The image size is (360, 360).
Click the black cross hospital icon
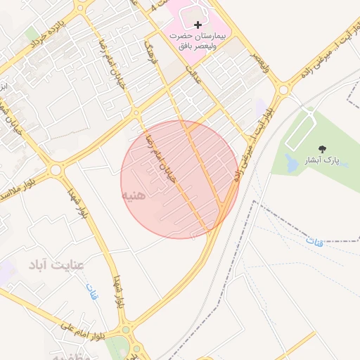pos(198,25)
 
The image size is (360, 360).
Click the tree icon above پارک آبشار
pos(323,148)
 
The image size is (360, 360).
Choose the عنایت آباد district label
pos(56,265)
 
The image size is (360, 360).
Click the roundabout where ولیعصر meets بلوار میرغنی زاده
pos(284,90)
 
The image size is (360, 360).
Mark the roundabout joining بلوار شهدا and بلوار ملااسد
pos(56,170)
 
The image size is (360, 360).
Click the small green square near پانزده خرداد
pos(32,34)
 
